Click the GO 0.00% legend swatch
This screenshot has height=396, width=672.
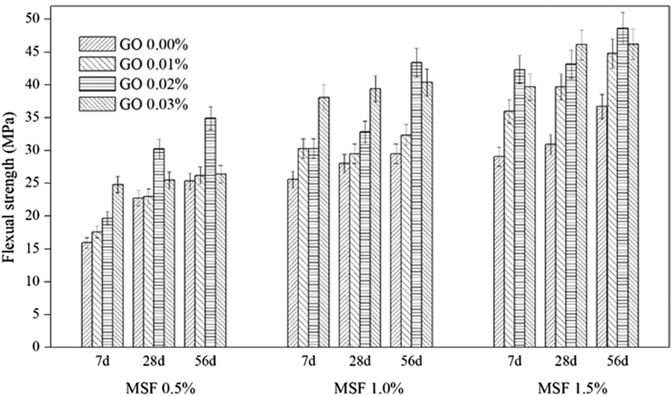tap(97, 44)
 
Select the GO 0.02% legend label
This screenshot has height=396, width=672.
tap(153, 85)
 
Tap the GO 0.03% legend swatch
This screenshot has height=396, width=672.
tap(97, 104)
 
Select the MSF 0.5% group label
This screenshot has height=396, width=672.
tap(160, 387)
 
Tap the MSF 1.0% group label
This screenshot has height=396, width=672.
tap(369, 387)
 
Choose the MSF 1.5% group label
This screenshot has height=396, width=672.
tap(572, 387)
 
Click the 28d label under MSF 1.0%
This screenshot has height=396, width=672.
tap(360, 361)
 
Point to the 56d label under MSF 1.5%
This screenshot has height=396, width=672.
tap(617, 361)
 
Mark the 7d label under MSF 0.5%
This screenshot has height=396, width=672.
tap(102, 361)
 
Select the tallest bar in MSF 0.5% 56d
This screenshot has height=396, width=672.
tap(210, 232)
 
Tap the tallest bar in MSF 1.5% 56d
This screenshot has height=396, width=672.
tap(623, 187)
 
